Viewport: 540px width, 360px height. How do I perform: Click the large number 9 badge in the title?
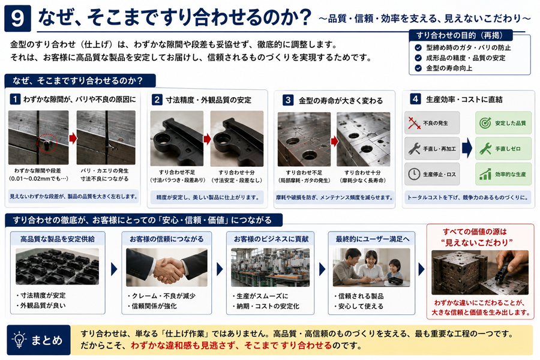[x=17, y=19]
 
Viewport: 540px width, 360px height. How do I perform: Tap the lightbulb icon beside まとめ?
[x=19, y=340]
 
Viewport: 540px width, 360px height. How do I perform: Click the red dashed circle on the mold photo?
[x=47, y=143]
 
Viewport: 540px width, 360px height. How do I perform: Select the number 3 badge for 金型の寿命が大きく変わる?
[x=288, y=100]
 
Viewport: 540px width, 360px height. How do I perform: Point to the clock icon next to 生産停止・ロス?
[x=414, y=174]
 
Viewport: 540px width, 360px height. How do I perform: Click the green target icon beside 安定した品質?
[x=485, y=122]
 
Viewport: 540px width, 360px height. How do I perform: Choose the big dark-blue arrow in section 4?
[x=467, y=148]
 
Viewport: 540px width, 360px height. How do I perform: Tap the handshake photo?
[x=167, y=268]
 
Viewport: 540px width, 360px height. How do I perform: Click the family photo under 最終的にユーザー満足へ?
[x=371, y=268]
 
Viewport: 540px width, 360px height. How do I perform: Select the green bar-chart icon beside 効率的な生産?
[x=485, y=174]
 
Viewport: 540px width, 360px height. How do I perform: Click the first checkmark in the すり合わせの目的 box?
[x=418, y=47]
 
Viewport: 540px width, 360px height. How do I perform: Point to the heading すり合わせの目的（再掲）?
[x=460, y=35]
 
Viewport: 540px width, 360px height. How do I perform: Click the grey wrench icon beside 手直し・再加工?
[x=414, y=148]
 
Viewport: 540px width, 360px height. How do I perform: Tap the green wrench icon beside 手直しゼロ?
[x=485, y=148]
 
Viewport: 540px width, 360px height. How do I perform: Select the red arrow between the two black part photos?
[x=207, y=139]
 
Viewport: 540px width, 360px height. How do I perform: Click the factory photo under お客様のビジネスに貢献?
[x=270, y=268]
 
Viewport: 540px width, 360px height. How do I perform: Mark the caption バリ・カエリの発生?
[x=104, y=170]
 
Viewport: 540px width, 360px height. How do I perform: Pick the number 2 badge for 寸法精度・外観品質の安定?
[x=157, y=100]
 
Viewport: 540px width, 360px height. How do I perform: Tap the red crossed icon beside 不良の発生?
[x=414, y=122]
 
